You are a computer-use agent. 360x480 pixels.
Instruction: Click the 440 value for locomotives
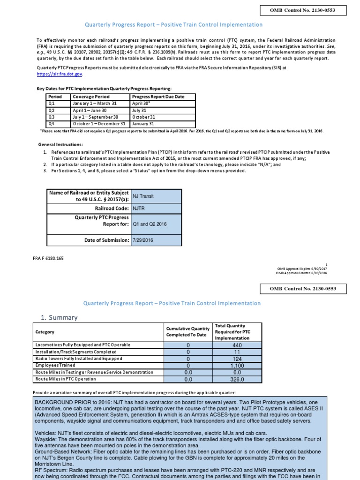click(x=233, y=345)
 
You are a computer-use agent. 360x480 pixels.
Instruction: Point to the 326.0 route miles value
click(x=233, y=379)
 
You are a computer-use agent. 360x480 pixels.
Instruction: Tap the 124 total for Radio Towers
click(x=233, y=358)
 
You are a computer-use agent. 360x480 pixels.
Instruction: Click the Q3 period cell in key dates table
click(x=52, y=117)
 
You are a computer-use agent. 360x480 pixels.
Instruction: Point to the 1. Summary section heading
click(x=59, y=318)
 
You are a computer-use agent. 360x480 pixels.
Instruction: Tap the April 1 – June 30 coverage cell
click(x=94, y=110)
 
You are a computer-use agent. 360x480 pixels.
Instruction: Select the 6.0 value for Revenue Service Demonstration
click(x=233, y=372)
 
